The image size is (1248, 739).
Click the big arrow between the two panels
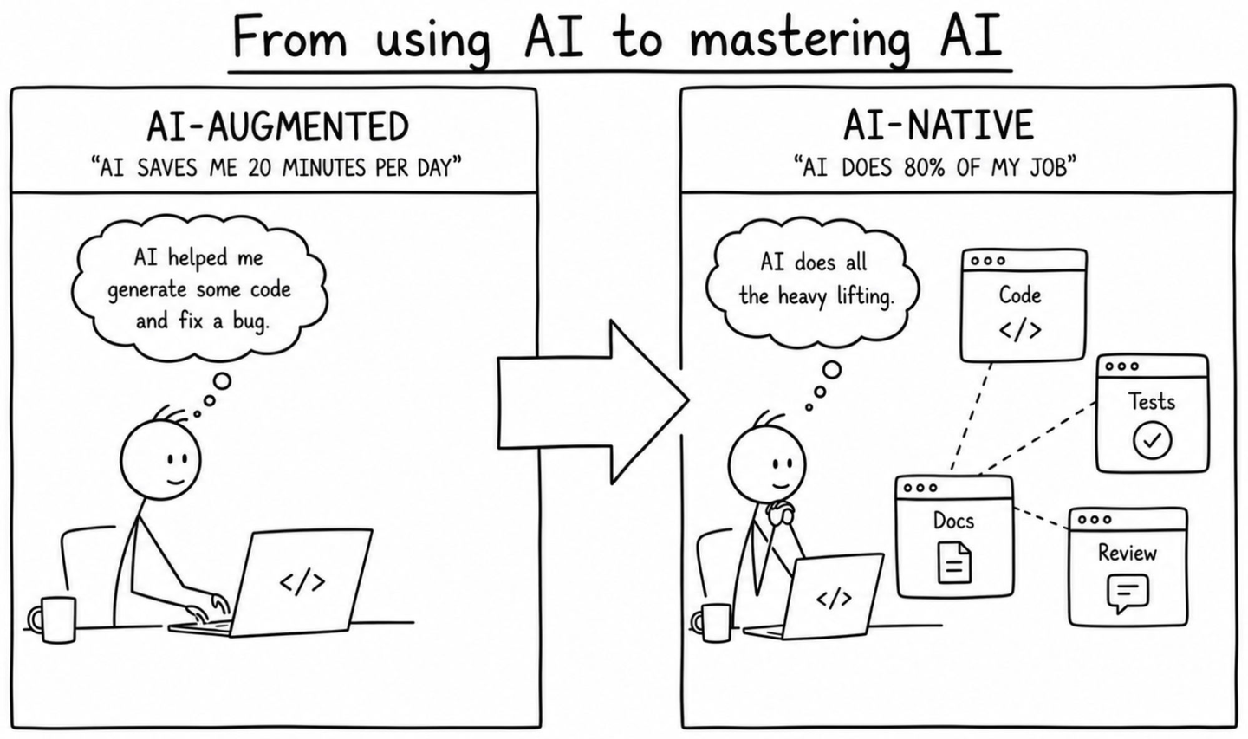[594, 402]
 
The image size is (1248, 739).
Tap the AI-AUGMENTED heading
[277, 127]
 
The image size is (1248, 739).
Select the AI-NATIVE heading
[939, 126]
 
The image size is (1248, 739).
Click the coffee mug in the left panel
[53, 619]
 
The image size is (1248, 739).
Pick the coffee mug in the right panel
[712, 623]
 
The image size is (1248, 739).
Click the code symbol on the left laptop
[302, 582]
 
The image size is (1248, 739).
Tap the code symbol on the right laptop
[834, 600]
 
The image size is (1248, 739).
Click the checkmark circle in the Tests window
[1152, 440]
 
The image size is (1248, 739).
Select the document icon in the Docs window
[954, 563]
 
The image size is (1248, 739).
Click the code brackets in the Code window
[1020, 330]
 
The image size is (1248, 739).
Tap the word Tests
[1152, 401]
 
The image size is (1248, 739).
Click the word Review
[1127, 553]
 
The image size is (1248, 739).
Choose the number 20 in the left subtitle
[260, 167]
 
